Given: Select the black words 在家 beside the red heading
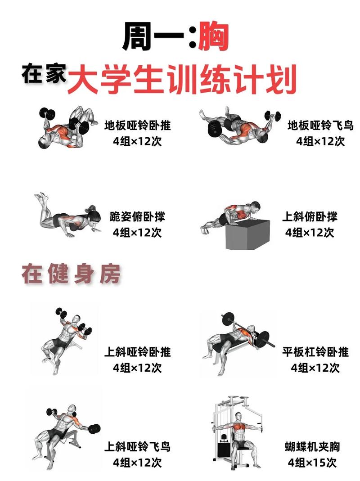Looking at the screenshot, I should coord(44,75).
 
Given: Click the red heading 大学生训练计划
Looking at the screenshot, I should coord(182,80).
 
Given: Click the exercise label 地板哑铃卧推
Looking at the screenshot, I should coord(137,125).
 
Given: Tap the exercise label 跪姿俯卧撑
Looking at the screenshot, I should coord(137,216).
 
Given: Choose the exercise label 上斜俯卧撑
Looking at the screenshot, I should coord(310,216).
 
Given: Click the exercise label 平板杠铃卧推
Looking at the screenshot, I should coord(315,351).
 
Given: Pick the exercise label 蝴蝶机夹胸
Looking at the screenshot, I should coord(312,447).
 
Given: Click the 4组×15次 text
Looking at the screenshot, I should coord(312,463).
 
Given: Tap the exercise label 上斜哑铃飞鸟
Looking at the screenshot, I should coord(137,447).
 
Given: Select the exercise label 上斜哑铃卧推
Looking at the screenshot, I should coord(137,351).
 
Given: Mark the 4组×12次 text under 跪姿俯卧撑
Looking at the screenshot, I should coord(137,233).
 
